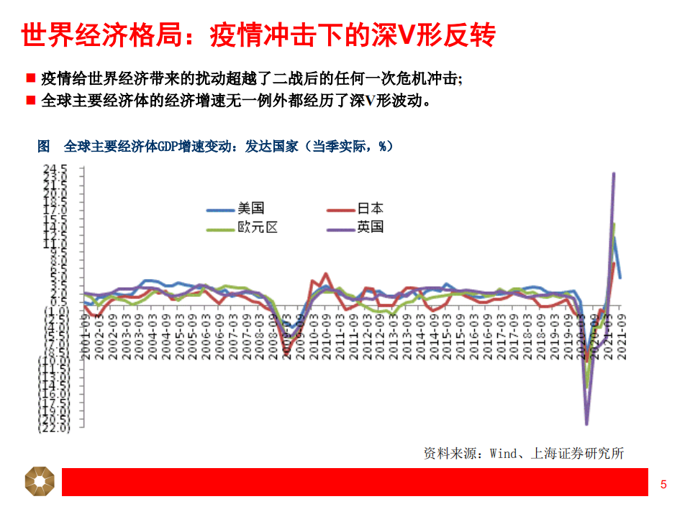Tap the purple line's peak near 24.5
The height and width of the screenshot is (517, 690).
[614, 173]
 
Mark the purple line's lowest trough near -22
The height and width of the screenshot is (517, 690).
[587, 424]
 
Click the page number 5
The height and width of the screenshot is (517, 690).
[663, 485]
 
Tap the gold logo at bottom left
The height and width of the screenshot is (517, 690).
[40, 481]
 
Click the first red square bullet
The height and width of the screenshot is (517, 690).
[30, 78]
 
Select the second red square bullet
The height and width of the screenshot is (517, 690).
[30, 100]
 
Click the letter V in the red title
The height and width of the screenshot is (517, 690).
[406, 35]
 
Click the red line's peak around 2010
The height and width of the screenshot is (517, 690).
[326, 273]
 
